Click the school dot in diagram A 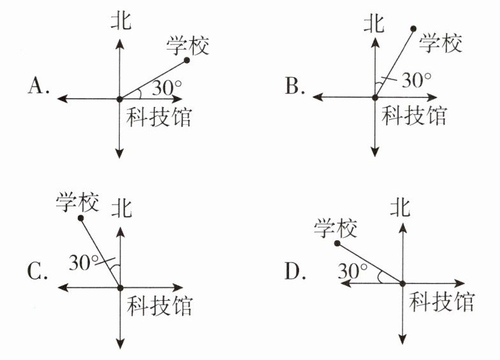coord(187,60)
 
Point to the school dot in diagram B coord(413,29)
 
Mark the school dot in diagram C coord(80,218)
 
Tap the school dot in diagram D coord(337,243)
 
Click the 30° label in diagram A coord(167,88)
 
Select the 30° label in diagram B coord(416,80)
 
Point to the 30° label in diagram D coord(352,271)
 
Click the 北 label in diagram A coord(121,21)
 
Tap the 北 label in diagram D coord(400,207)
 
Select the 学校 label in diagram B coord(440,43)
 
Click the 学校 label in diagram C coord(77,202)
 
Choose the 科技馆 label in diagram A coord(159,117)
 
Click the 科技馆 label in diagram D coord(442,302)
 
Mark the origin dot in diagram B coord(375,97)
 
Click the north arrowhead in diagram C coord(120,231)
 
